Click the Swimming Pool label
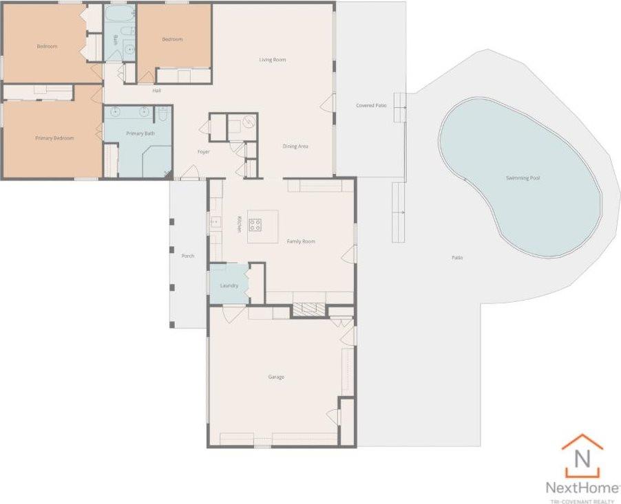point(523,178)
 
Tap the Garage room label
point(276,377)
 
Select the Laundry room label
point(229,285)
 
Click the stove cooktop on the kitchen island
point(254,223)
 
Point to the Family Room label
point(301,241)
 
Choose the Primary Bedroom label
point(54,138)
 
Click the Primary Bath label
point(140,133)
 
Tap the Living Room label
point(273,60)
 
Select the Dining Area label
point(295,146)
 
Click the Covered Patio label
point(370,105)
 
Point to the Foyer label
point(203,151)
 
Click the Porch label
point(187,256)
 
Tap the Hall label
point(156,90)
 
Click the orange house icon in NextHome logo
point(582,456)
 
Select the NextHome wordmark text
point(582,487)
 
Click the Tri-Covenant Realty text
point(582,500)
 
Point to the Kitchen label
point(240,224)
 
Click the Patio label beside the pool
point(457,258)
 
